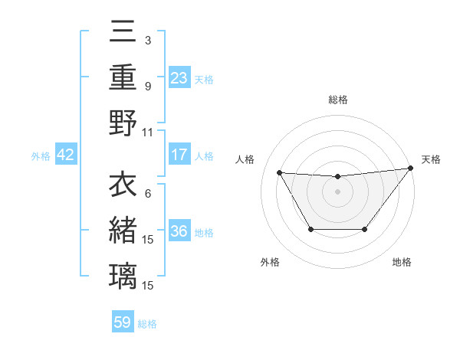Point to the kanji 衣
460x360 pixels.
click(x=123, y=185)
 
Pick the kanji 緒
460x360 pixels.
click(x=123, y=229)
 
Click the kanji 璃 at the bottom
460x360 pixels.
click(x=123, y=274)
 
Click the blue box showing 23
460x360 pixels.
click(x=179, y=77)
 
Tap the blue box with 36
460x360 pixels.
click(x=179, y=232)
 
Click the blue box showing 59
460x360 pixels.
click(x=123, y=322)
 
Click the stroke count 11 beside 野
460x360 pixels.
click(x=148, y=132)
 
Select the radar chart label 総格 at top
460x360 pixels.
click(x=337, y=100)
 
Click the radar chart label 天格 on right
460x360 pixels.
click(x=431, y=159)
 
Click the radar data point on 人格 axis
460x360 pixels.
click(x=279, y=172)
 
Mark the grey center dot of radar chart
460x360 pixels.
click(x=337, y=191)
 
